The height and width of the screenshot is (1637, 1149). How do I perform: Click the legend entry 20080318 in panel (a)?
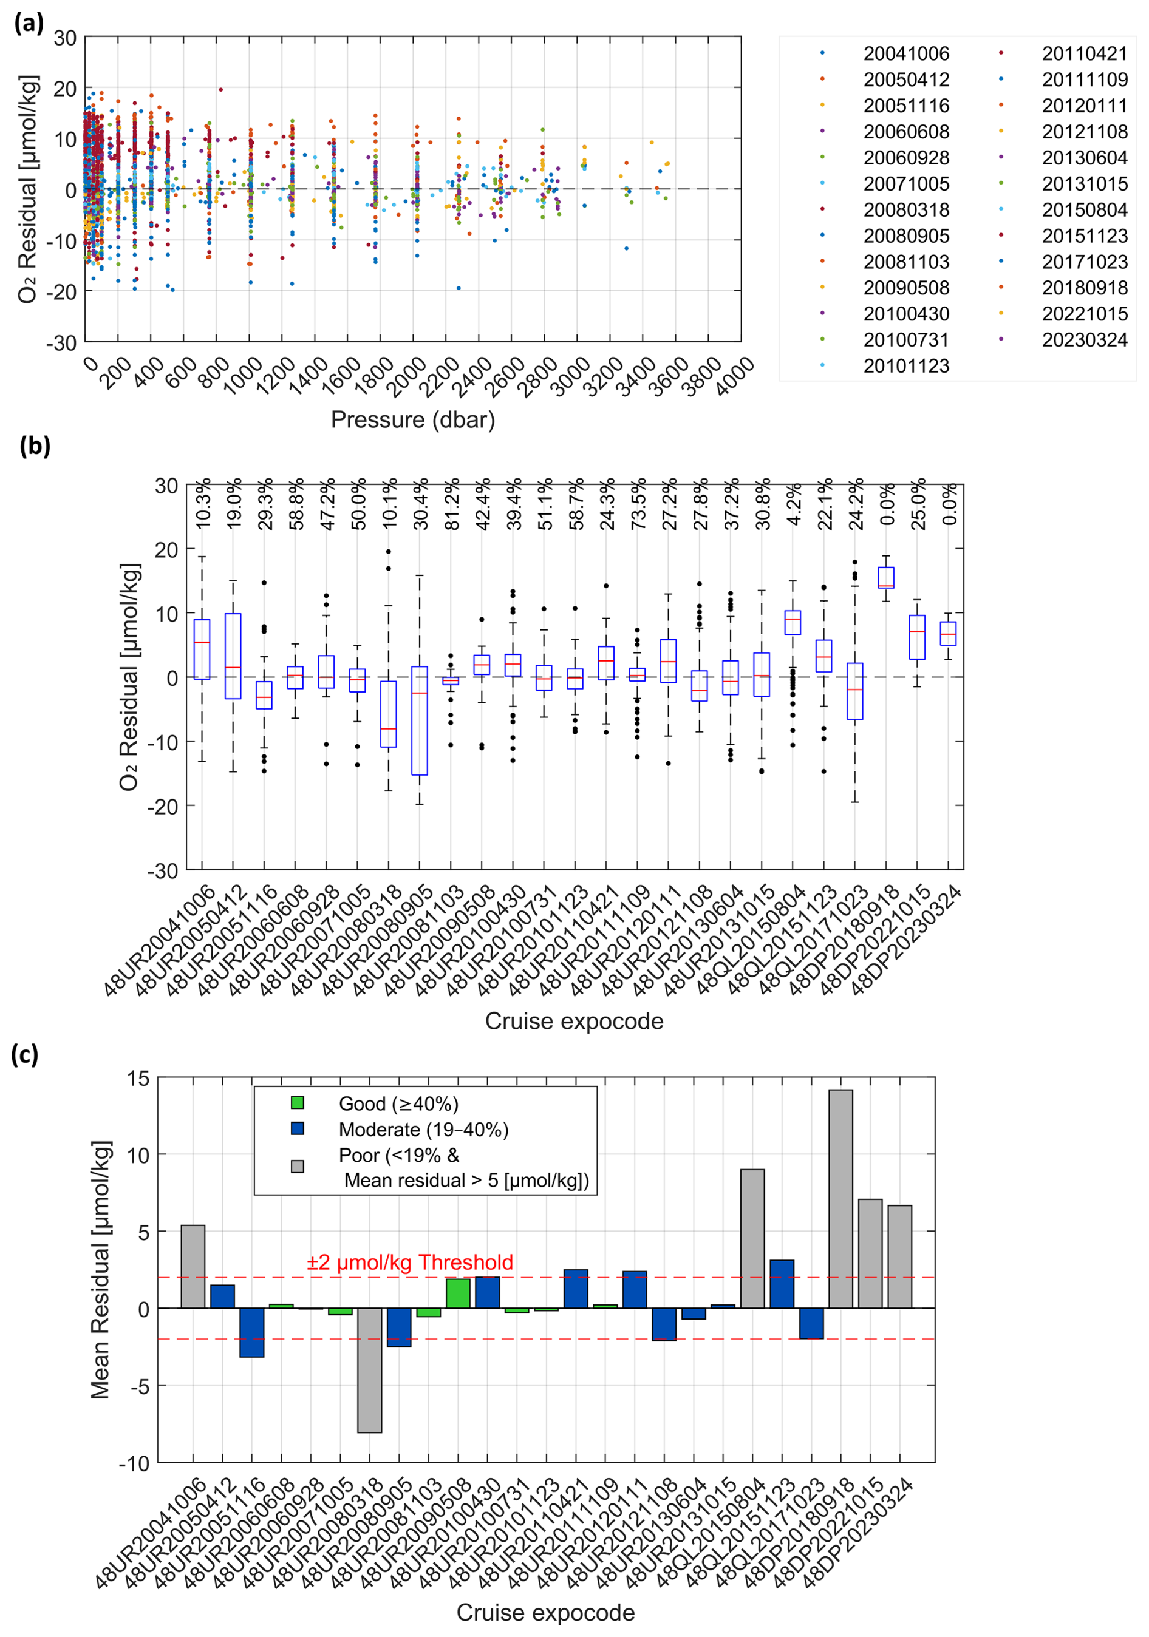point(906,209)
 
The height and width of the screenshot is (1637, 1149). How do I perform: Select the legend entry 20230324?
point(1084,339)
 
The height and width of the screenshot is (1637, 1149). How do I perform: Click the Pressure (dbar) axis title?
point(412,419)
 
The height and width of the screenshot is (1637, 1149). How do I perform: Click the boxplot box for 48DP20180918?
point(886,577)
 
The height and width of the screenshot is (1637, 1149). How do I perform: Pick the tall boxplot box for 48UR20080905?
point(420,720)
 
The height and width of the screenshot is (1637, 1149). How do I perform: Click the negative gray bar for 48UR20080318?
point(369,1370)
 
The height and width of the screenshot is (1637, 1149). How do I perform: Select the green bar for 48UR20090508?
point(458,1293)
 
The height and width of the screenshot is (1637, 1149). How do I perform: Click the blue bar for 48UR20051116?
point(252,1332)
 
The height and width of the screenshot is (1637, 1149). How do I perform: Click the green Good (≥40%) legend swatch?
point(298,1103)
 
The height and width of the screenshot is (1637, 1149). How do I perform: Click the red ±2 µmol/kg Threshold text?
point(409,1262)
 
